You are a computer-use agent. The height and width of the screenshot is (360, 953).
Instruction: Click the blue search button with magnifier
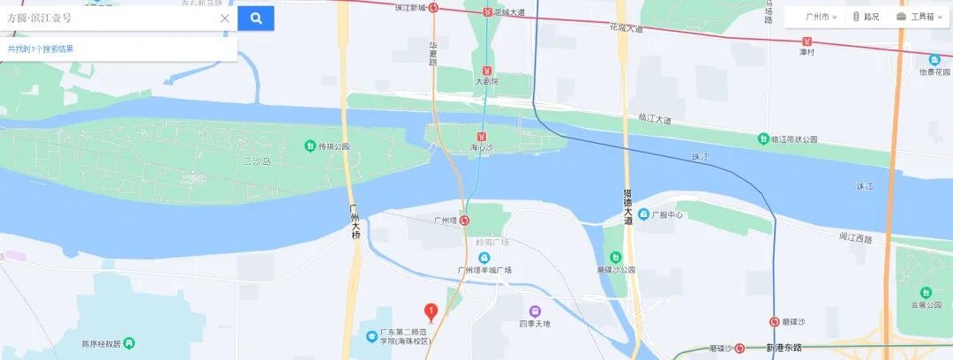[256, 18]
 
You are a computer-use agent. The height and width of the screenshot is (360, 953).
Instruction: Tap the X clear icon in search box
[225, 18]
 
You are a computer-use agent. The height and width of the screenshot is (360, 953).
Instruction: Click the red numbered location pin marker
[431, 311]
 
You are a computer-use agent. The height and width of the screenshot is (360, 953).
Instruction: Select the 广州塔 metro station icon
[465, 221]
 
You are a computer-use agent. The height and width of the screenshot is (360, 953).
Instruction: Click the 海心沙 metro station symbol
[481, 137]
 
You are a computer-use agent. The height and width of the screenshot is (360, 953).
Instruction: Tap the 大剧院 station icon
[486, 70]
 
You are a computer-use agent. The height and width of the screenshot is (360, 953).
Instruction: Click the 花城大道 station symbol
[487, 12]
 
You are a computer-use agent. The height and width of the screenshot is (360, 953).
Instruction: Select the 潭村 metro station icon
[806, 41]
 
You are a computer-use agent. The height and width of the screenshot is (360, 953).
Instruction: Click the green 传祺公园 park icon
[310, 146]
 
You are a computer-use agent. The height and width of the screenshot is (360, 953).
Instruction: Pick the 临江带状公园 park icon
[763, 139]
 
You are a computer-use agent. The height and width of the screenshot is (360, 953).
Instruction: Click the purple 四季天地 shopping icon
[535, 311]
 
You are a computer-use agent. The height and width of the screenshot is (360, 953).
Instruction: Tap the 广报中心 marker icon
[643, 214]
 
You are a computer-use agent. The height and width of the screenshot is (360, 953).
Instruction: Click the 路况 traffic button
[866, 17]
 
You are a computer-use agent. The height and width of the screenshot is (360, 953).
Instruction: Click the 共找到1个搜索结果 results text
[41, 49]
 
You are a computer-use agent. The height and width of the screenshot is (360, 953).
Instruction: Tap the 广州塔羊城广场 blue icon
[484, 258]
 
